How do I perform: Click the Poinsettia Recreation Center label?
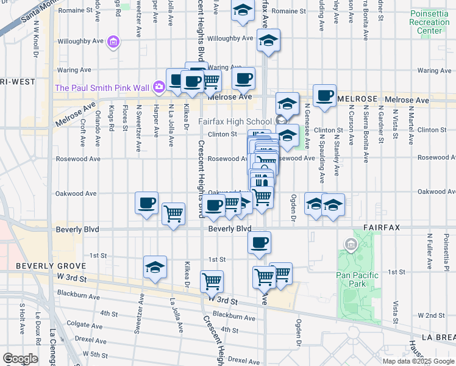[x=426, y=22]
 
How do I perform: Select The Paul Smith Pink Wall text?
[x=102, y=88]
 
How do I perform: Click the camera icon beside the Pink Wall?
[x=159, y=87]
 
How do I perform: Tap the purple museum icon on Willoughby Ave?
[x=113, y=42]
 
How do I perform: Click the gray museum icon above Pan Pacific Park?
[x=351, y=245]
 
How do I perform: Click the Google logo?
[x=20, y=359]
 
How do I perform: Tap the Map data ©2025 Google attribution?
[x=418, y=361]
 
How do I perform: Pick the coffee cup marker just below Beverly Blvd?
[x=259, y=242]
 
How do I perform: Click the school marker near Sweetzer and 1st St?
[x=155, y=267]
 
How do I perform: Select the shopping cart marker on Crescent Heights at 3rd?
[x=212, y=281]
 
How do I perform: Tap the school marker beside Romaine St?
[x=243, y=11]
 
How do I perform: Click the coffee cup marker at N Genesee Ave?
[x=324, y=95]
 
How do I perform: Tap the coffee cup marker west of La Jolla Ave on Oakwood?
[x=146, y=203]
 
